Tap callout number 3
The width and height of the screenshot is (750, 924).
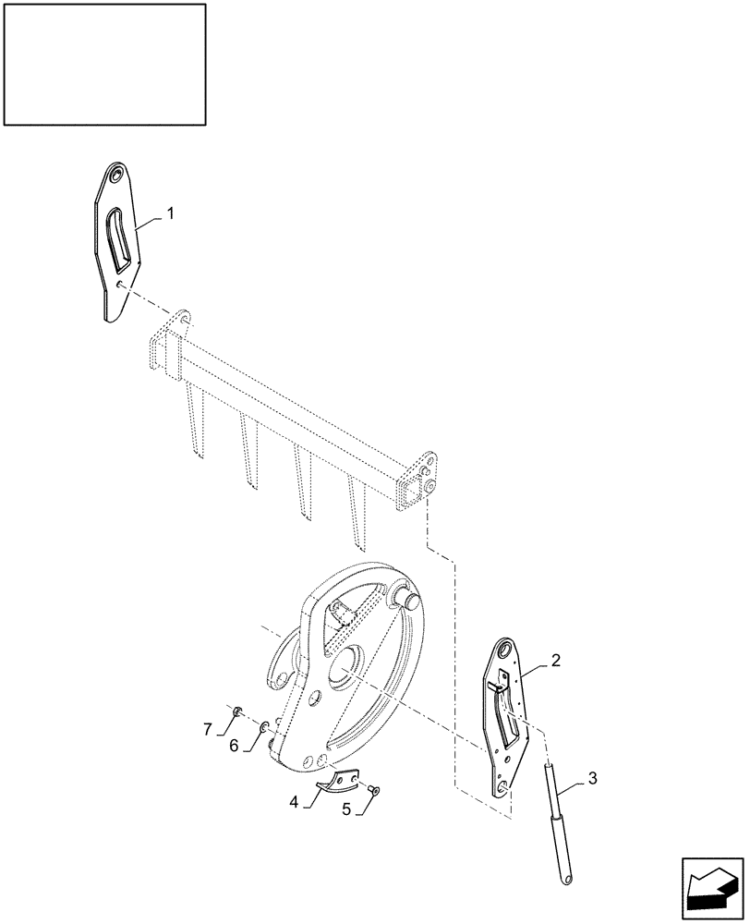click(x=593, y=780)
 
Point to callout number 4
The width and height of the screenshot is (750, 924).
click(x=295, y=802)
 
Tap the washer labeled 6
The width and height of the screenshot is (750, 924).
click(x=266, y=727)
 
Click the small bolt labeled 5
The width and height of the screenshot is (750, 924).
click(x=373, y=790)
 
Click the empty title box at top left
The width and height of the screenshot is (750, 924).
click(x=104, y=64)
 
